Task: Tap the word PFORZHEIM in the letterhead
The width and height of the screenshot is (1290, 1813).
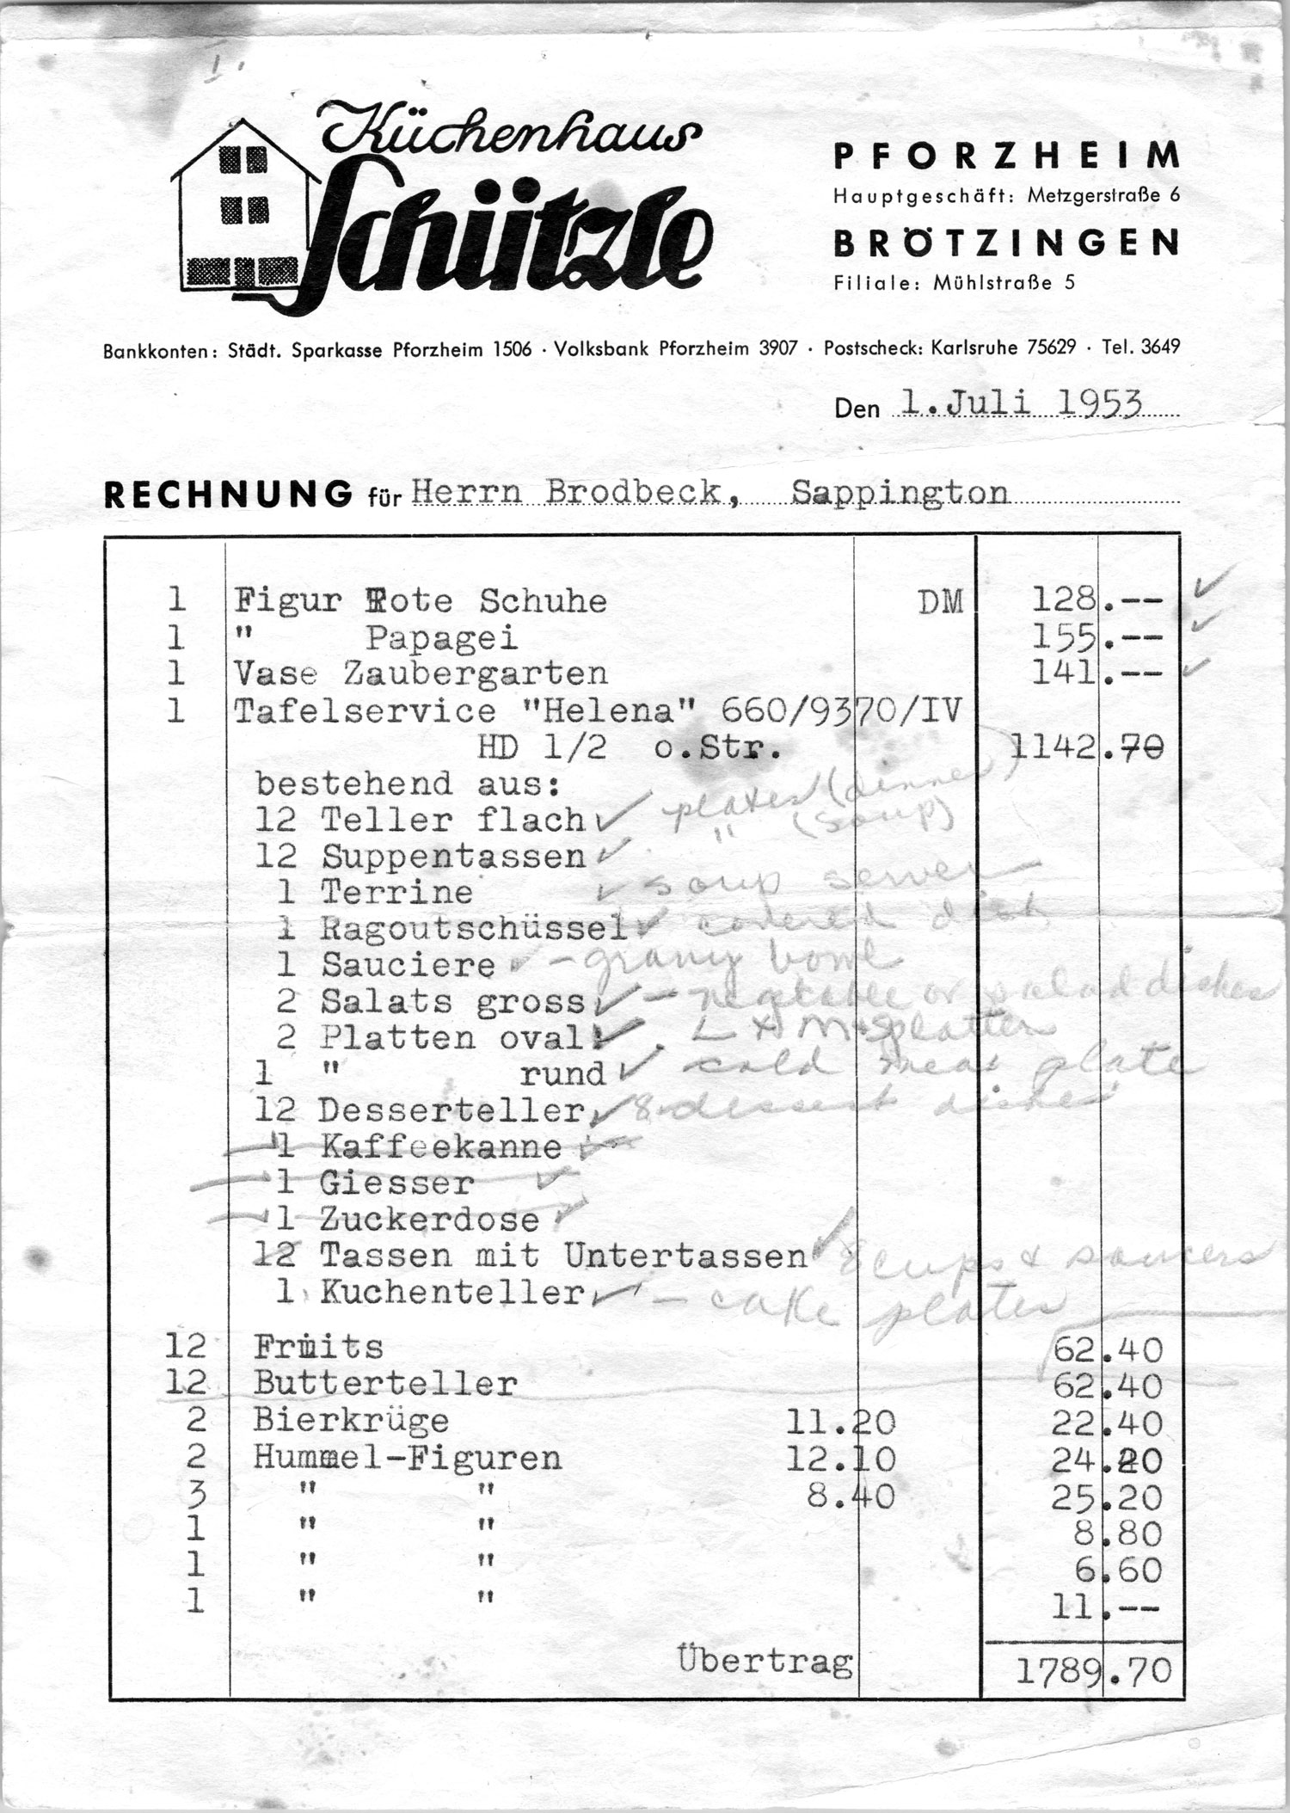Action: tap(1007, 157)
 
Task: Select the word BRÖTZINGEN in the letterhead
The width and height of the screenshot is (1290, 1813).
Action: tap(1007, 243)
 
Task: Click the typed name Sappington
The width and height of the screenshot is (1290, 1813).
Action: tap(900, 492)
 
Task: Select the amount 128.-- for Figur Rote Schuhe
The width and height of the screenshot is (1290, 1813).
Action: tap(1097, 599)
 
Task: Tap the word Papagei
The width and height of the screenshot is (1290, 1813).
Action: tap(441, 637)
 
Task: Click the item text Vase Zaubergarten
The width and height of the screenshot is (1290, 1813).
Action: tap(421, 673)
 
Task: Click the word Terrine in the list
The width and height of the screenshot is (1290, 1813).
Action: tap(396, 892)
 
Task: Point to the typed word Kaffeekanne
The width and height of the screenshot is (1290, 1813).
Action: tap(440, 1146)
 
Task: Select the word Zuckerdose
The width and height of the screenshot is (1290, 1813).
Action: tap(429, 1219)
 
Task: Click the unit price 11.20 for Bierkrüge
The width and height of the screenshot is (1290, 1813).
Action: tap(840, 1423)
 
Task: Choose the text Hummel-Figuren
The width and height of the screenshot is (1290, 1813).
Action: tap(408, 1458)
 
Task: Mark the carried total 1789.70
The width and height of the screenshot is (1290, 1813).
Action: tap(1093, 1671)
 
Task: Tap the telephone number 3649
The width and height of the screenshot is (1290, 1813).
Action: tap(1160, 347)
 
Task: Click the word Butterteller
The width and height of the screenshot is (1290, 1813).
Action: tap(385, 1384)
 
